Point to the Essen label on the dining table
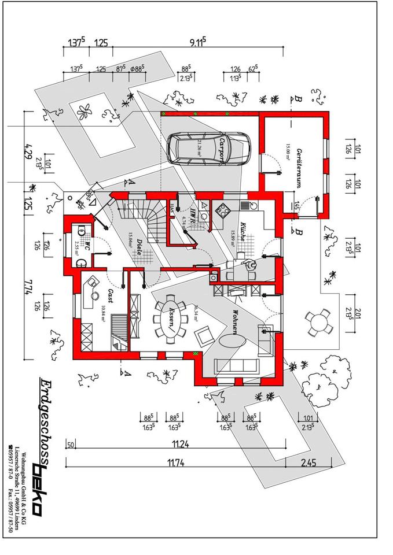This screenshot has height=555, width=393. click(172, 319)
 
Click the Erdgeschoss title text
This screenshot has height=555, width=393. click(45, 417)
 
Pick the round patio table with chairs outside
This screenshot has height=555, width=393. click(317, 322)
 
